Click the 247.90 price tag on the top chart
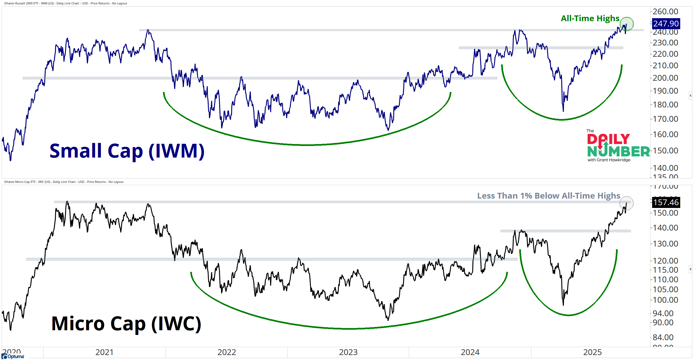666,24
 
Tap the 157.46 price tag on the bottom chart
666,202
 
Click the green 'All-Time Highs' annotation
590,18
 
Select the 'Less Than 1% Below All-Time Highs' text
548,196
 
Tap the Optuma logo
13,356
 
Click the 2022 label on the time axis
227,352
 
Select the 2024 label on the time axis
470,352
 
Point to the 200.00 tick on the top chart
665,78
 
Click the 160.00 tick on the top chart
665,134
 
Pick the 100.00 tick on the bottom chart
665,300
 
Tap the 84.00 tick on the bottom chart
663,337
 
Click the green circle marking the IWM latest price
627,24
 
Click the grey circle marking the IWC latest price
626,203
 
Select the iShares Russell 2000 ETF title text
66,3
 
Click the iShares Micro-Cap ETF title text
64,182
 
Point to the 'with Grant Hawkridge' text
609,160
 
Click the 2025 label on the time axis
592,352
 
